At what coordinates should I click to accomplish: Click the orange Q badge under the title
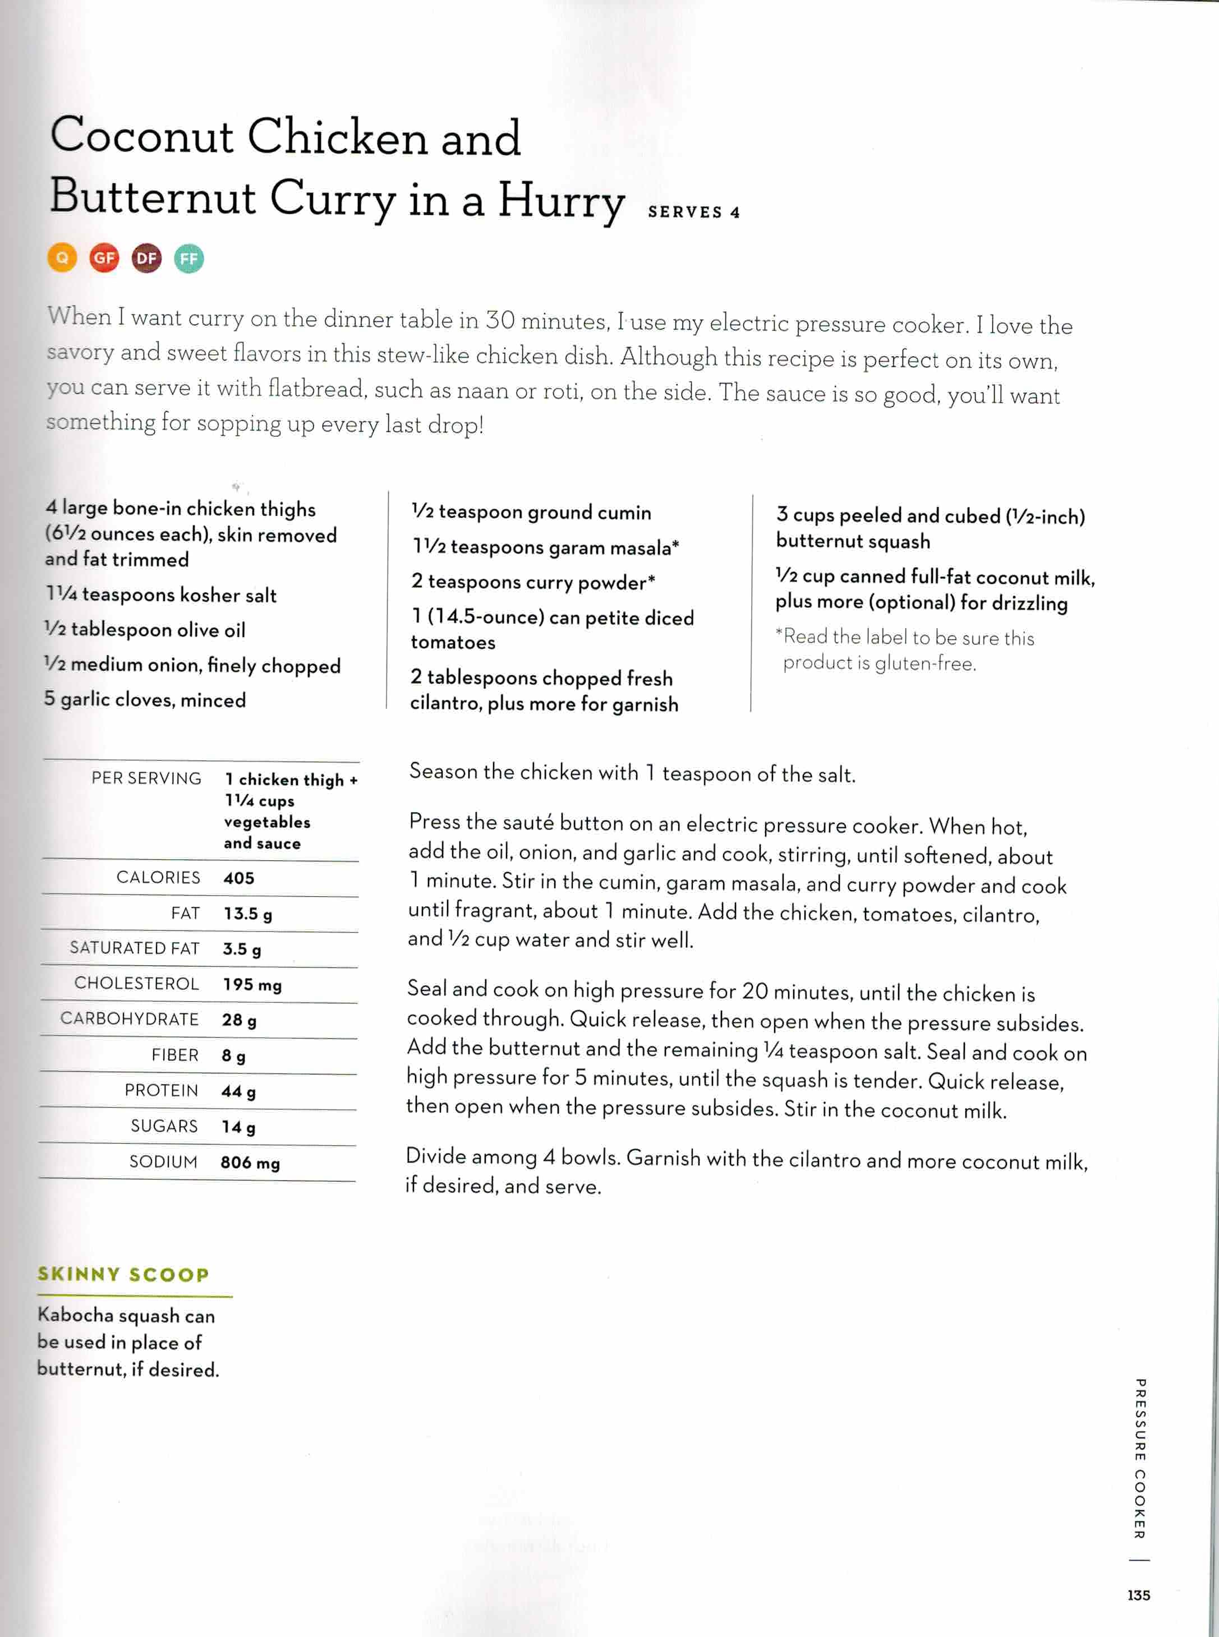point(62,257)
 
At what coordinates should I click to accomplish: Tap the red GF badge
point(104,257)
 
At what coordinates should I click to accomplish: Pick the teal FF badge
point(189,258)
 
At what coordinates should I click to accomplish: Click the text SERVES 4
point(693,213)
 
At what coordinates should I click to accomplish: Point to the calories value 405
point(239,878)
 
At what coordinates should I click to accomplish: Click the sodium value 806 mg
point(250,1163)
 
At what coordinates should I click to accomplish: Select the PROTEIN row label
point(161,1090)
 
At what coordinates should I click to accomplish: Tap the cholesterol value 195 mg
point(252,984)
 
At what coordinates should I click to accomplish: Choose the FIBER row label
point(175,1055)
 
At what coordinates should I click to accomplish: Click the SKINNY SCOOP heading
point(123,1274)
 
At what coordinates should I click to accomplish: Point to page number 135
point(1138,1595)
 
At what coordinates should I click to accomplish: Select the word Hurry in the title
point(561,199)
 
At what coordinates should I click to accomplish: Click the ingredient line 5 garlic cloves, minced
point(145,699)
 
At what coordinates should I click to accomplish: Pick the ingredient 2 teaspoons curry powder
point(533,582)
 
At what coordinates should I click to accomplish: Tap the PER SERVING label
point(146,778)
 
